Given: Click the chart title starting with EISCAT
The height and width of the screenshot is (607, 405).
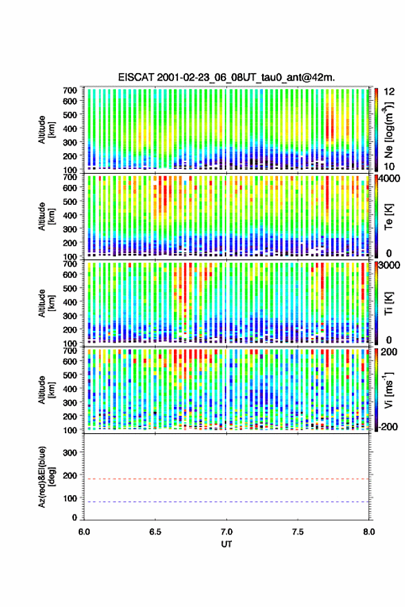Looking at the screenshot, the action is coord(226,77).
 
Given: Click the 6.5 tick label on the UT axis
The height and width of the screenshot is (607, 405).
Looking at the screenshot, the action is coord(155,532).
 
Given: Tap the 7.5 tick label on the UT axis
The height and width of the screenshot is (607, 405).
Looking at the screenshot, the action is coord(298,532).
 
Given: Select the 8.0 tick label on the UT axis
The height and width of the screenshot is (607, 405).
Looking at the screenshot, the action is coord(369,532).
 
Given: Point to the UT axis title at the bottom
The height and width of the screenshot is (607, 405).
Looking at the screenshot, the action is coord(226,544).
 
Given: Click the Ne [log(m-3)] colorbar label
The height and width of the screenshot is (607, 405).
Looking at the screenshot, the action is coord(388,130).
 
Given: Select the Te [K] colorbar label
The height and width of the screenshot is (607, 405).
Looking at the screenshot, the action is coord(388,217).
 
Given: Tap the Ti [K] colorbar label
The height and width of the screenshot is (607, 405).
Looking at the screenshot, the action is coord(388,303).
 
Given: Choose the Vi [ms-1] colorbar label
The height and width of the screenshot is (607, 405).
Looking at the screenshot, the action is coord(388,390).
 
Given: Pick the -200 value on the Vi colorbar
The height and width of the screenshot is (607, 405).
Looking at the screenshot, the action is coord(388,426).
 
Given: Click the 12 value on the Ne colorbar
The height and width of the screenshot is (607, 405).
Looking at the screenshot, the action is coord(390,92).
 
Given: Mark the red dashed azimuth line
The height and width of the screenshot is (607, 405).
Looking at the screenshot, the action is coord(226,479).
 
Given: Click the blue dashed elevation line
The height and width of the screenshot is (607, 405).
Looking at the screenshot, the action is coord(226,501).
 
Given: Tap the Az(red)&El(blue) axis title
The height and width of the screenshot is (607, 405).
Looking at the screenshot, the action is coord(46,477).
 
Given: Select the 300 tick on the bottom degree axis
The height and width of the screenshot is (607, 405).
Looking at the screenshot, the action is coord(70,452).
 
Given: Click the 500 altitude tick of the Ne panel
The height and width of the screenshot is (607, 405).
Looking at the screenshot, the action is coord(70,115).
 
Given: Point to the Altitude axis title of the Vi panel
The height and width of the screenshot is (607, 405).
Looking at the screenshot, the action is coord(46,390).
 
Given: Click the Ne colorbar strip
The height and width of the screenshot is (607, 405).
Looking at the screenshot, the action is coord(376,130).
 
